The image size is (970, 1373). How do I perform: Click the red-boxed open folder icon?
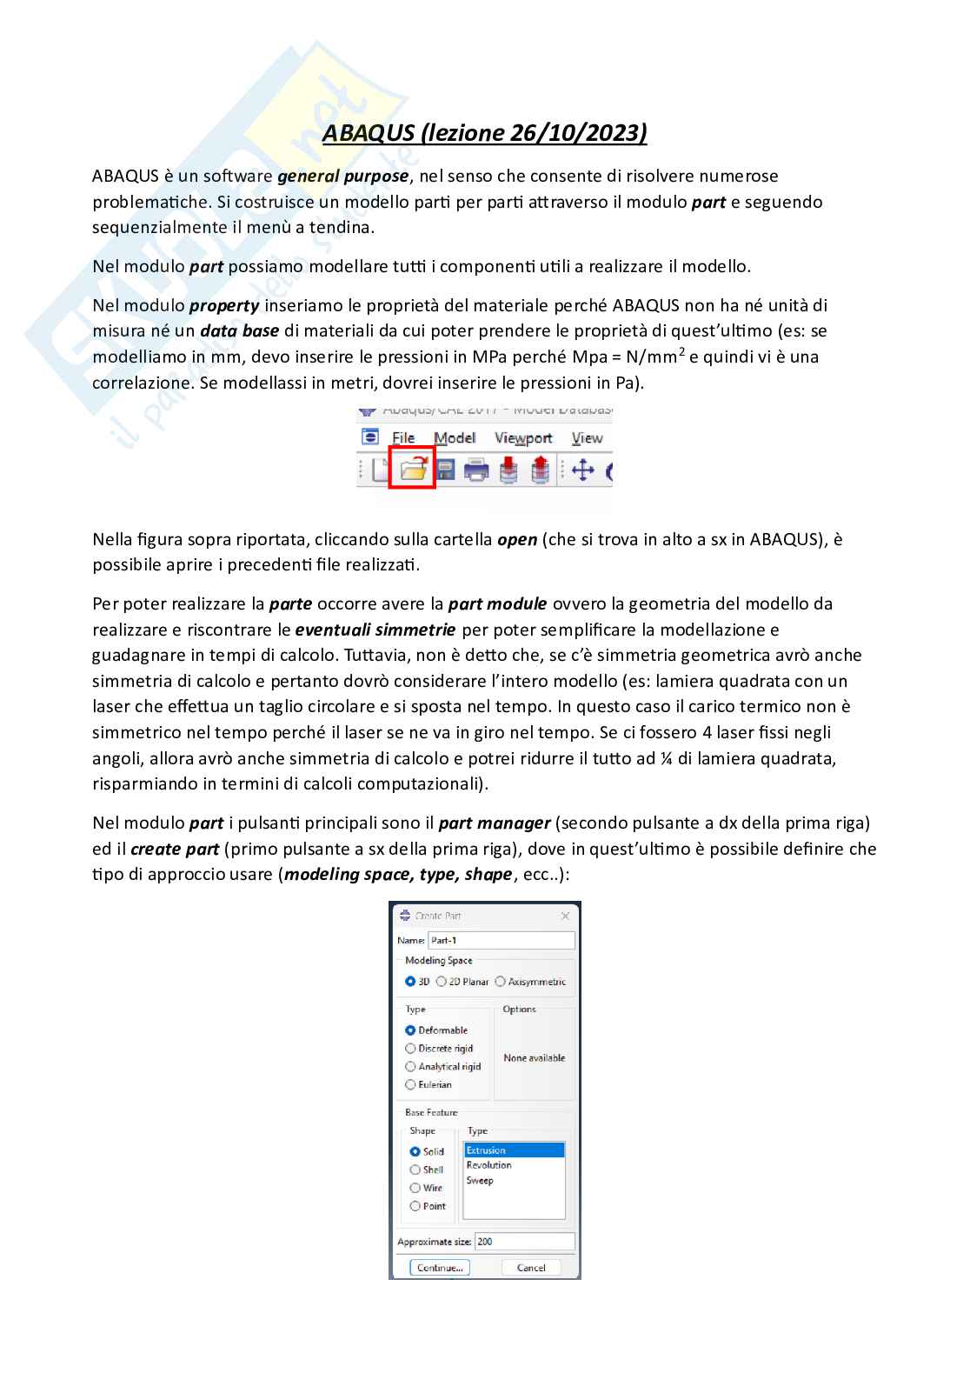(x=412, y=470)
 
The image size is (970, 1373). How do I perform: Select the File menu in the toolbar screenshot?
(x=403, y=438)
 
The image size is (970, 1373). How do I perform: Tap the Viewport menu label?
(x=523, y=438)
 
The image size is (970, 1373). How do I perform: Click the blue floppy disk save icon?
(x=445, y=470)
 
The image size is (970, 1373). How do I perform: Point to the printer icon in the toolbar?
(x=476, y=470)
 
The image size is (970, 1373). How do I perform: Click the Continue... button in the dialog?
(x=440, y=1268)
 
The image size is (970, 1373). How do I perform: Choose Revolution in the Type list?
(x=489, y=1165)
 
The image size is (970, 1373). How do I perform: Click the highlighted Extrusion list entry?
(x=513, y=1150)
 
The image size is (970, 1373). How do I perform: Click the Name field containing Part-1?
(x=501, y=940)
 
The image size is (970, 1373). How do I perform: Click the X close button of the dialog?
(x=565, y=916)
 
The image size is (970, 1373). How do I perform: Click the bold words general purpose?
(x=342, y=177)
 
